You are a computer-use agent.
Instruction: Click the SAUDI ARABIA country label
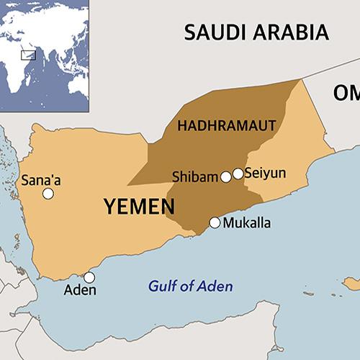point(257,32)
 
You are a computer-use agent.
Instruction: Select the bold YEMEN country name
point(139,207)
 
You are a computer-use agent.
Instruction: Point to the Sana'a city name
point(41,180)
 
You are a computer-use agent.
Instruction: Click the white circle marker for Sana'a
point(48,194)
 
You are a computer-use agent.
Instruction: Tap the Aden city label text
point(80,291)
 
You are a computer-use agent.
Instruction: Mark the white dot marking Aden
point(89,277)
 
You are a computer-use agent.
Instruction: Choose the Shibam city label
point(195,176)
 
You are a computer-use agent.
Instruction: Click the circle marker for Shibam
point(226,176)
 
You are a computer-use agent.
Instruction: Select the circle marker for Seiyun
point(238,174)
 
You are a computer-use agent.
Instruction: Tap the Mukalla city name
point(247,222)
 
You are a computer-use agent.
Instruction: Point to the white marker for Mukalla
point(215,222)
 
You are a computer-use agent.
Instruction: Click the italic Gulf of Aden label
point(191,287)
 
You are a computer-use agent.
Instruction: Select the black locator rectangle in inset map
point(29,53)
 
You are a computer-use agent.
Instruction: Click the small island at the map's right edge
point(351,281)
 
